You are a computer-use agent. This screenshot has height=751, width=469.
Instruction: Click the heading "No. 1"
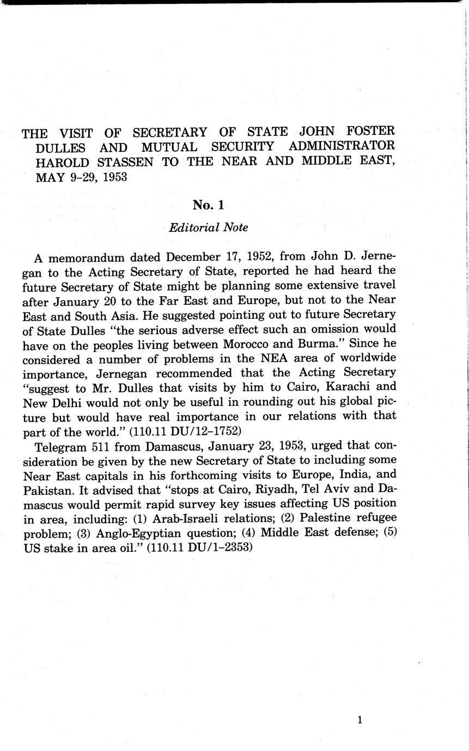coord(208,205)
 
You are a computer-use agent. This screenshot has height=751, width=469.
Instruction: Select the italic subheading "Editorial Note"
coord(208,228)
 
